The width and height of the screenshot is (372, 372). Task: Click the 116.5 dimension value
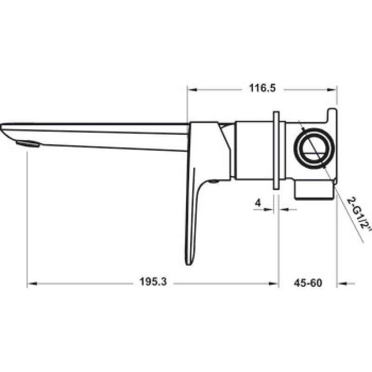point(262,88)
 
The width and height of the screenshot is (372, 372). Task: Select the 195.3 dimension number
point(153,282)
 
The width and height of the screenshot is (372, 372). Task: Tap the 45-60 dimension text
point(308,283)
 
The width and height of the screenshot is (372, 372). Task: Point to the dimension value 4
point(258,203)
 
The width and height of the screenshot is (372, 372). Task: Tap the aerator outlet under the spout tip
point(28,144)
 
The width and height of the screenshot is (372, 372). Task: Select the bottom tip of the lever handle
point(188,265)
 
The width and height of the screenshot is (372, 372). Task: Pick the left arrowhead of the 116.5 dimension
point(192,89)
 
